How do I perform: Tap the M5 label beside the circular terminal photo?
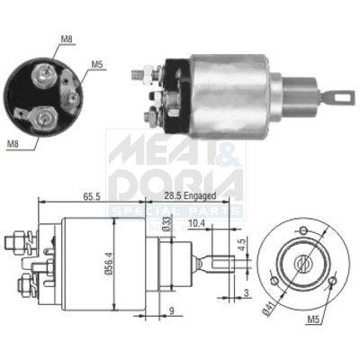point(99,65)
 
